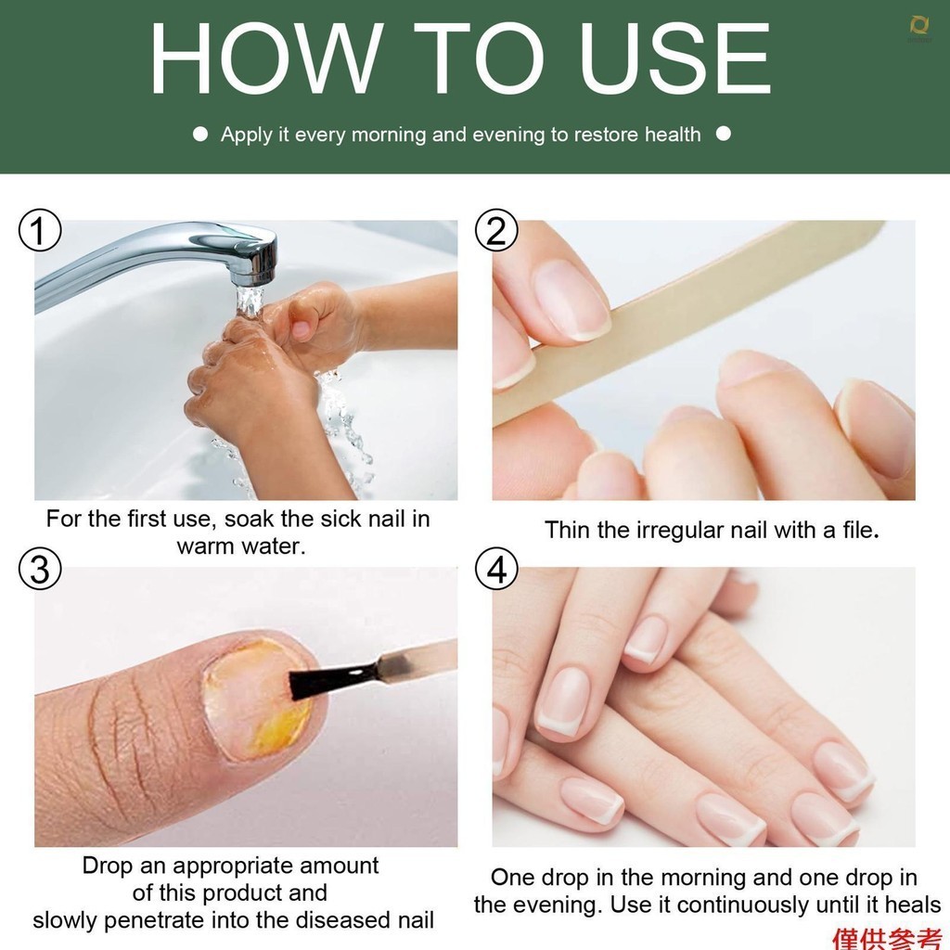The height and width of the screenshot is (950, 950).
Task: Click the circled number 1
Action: [40, 230]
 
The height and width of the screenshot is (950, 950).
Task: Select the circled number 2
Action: [496, 230]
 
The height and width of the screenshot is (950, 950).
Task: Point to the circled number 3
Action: [40, 570]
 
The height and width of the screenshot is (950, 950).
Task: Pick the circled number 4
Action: [496, 570]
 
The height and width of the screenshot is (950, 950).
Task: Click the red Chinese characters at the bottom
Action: [887, 939]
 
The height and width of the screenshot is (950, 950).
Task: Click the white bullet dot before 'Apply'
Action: [200, 134]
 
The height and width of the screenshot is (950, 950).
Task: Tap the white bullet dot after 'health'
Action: [724, 134]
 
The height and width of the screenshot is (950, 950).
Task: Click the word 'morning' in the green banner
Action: [389, 135]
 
